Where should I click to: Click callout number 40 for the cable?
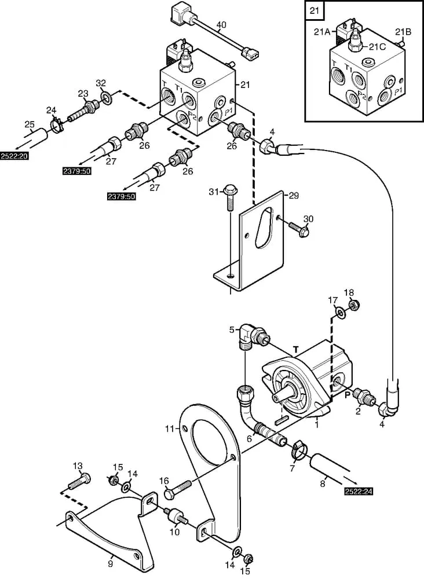coord(221,25)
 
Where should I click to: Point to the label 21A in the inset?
coord(322,32)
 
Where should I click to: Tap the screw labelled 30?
coord(299,229)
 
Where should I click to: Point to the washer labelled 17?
coord(340,313)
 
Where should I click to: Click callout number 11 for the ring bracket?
coord(170,429)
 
